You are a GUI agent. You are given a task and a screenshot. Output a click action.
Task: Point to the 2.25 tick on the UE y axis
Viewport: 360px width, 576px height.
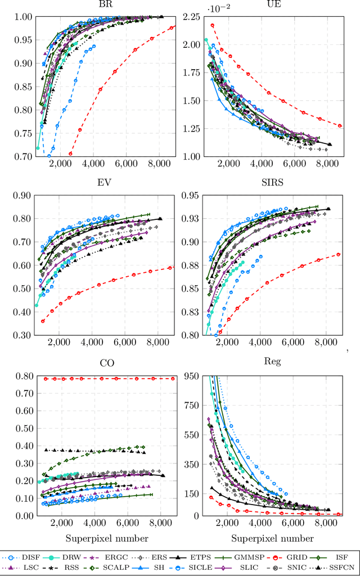tap(190, 17)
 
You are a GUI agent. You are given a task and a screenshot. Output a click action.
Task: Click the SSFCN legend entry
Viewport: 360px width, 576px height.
tap(340, 567)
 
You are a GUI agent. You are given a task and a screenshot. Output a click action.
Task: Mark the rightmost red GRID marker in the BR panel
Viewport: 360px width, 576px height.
tap(171, 28)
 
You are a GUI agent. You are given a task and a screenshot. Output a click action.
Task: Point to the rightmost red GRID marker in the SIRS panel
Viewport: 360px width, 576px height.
tap(338, 254)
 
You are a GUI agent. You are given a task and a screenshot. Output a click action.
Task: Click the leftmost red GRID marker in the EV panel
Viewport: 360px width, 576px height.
tap(43, 321)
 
